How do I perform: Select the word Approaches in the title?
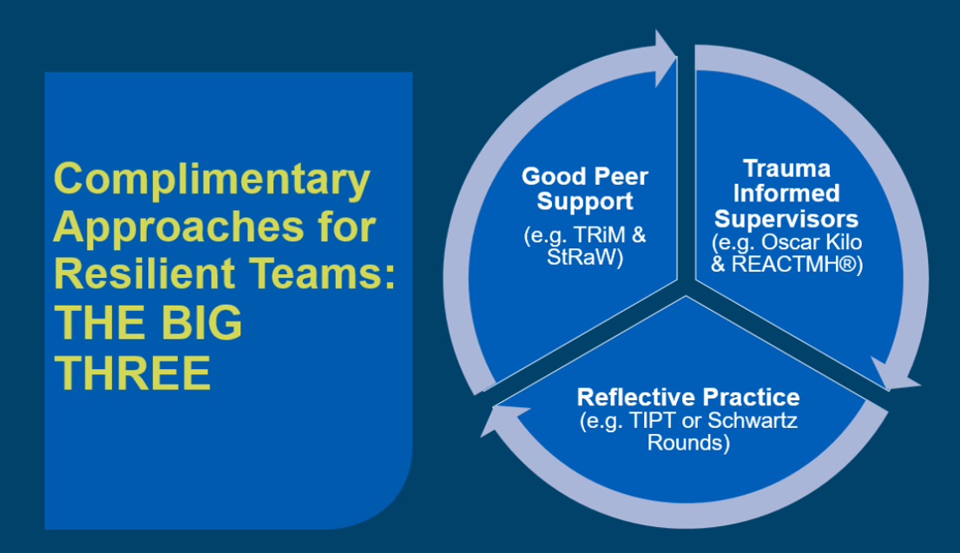179,227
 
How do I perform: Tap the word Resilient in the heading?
144,273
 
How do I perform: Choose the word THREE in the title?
133,372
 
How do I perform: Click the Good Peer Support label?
585,188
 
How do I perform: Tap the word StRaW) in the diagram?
585,257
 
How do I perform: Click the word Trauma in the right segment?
786,168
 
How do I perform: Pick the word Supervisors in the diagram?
786,219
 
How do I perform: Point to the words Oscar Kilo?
812,242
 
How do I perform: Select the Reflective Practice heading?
688,398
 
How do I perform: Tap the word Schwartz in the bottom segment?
753,421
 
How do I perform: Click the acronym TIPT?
654,421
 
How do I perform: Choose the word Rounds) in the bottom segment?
689,443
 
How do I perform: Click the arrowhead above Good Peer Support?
666,58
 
